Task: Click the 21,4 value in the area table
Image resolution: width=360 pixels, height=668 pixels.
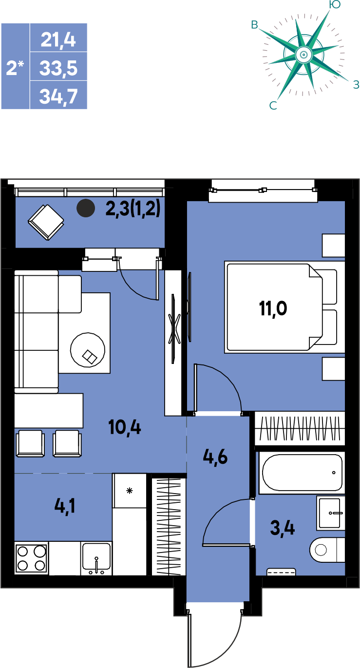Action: tap(58, 40)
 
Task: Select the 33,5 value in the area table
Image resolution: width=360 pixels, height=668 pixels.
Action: tap(58, 68)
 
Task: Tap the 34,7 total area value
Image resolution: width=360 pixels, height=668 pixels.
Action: tap(58, 96)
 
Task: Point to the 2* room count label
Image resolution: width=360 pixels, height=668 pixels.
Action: tap(15, 67)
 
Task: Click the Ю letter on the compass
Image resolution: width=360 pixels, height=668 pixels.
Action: tap(335, 4)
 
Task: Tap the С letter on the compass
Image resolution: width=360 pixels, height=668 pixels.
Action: tap(273, 106)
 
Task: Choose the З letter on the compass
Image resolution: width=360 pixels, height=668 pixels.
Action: tap(356, 85)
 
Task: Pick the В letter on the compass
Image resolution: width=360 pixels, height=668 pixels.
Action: tap(254, 25)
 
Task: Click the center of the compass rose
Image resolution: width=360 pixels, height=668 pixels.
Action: tap(303, 55)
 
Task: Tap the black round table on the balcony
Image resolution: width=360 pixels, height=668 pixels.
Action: tap(86, 208)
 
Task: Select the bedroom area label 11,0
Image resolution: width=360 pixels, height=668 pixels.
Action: tap(273, 308)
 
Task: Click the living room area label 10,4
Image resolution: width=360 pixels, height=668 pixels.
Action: tap(125, 427)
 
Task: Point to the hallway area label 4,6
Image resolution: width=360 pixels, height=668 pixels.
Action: tap(215, 457)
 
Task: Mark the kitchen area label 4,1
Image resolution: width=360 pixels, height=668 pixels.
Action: tap(65, 506)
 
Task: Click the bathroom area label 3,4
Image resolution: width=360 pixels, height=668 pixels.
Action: tap(283, 528)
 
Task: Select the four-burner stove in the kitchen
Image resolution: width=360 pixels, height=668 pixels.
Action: tap(31, 558)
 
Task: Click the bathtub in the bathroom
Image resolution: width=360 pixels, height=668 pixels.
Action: tap(302, 473)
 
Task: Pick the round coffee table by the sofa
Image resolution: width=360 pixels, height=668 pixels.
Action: tap(88, 349)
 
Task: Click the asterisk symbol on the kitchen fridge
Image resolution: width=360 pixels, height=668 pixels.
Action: tap(130, 491)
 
